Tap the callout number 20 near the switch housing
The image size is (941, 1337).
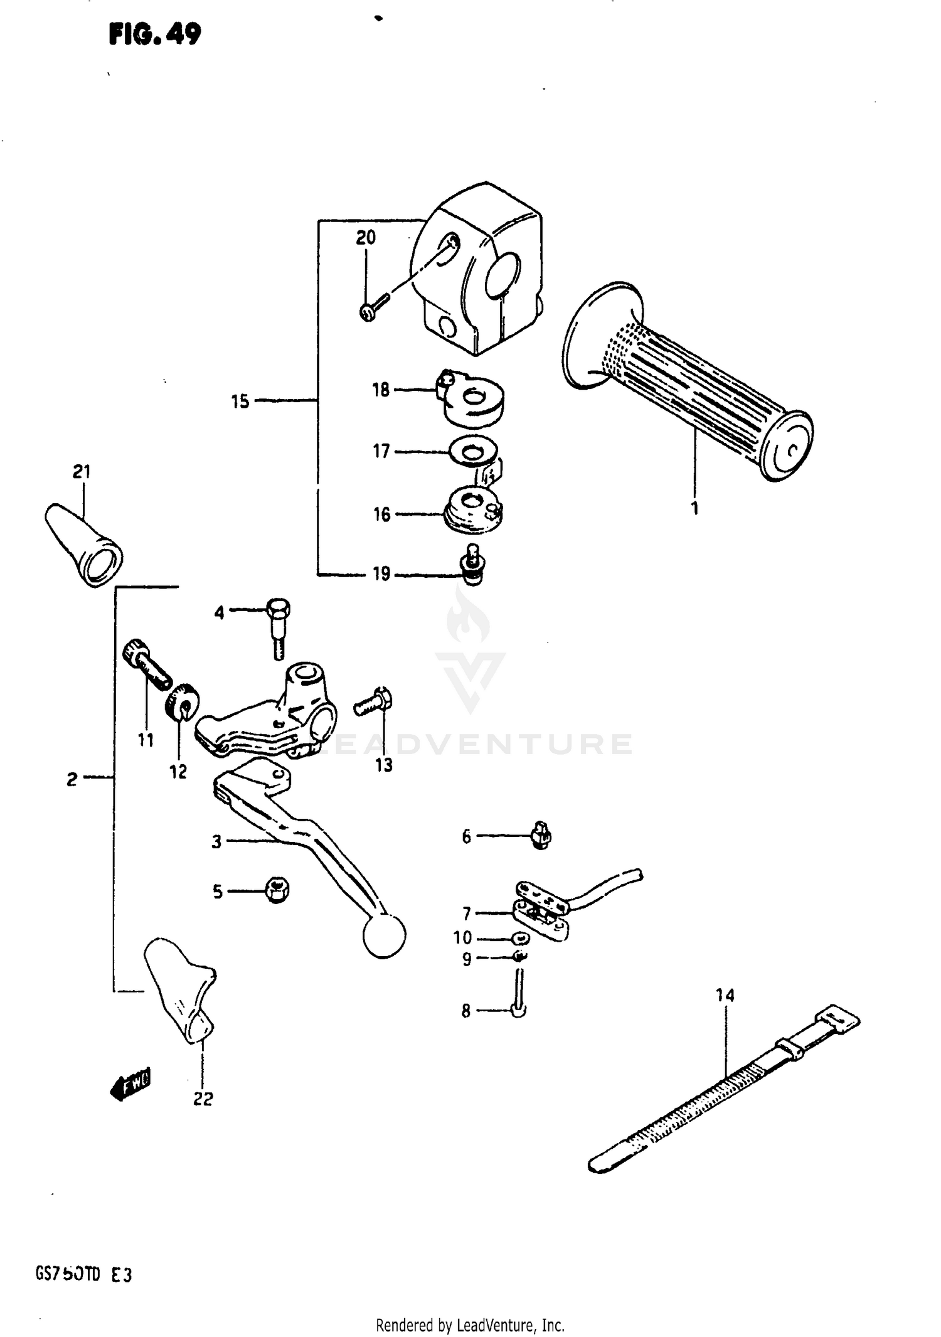[366, 237]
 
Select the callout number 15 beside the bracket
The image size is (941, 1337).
[240, 402]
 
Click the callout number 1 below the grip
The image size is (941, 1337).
[694, 508]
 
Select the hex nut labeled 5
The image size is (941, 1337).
[276, 890]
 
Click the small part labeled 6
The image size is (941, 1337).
[541, 836]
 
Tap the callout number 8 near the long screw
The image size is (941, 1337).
[465, 1011]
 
